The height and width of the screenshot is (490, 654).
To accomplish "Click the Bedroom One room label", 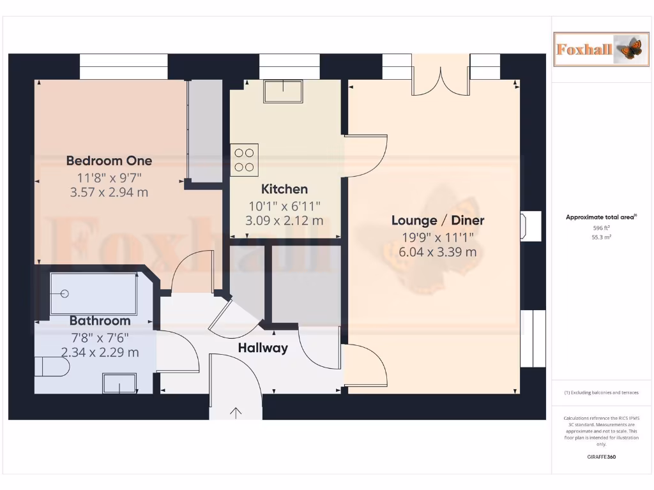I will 109,161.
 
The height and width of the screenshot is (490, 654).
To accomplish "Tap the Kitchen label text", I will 284,189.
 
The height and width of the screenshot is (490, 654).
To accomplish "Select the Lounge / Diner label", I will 437,221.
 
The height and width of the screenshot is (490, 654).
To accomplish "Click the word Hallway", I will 262,348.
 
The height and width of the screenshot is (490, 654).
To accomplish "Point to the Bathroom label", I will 100,320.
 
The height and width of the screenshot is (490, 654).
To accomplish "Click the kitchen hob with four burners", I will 245,160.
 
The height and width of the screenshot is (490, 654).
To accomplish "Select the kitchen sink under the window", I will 282,92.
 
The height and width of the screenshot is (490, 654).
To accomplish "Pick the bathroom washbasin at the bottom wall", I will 119,383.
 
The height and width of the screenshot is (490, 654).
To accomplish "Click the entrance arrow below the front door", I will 236,413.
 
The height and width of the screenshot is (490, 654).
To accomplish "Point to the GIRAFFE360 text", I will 602,457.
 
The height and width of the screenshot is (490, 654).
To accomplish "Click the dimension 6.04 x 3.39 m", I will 437,251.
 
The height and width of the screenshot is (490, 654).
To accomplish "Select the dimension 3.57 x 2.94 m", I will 109,191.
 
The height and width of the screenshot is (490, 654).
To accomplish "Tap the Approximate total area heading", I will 600,218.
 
